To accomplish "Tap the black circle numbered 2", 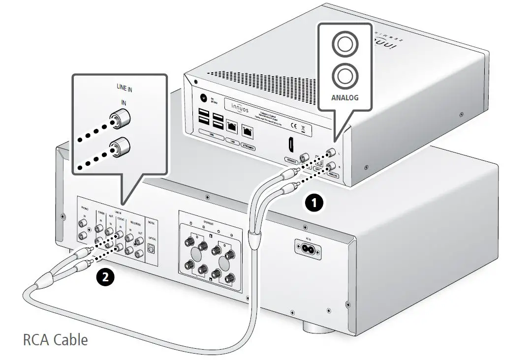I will pyautogui.click(x=105, y=277).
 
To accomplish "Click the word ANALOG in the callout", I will pyautogui.click(x=345, y=97).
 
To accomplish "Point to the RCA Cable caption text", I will pyautogui.click(x=56, y=339).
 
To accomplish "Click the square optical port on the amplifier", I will pyautogui.click(x=151, y=249).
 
